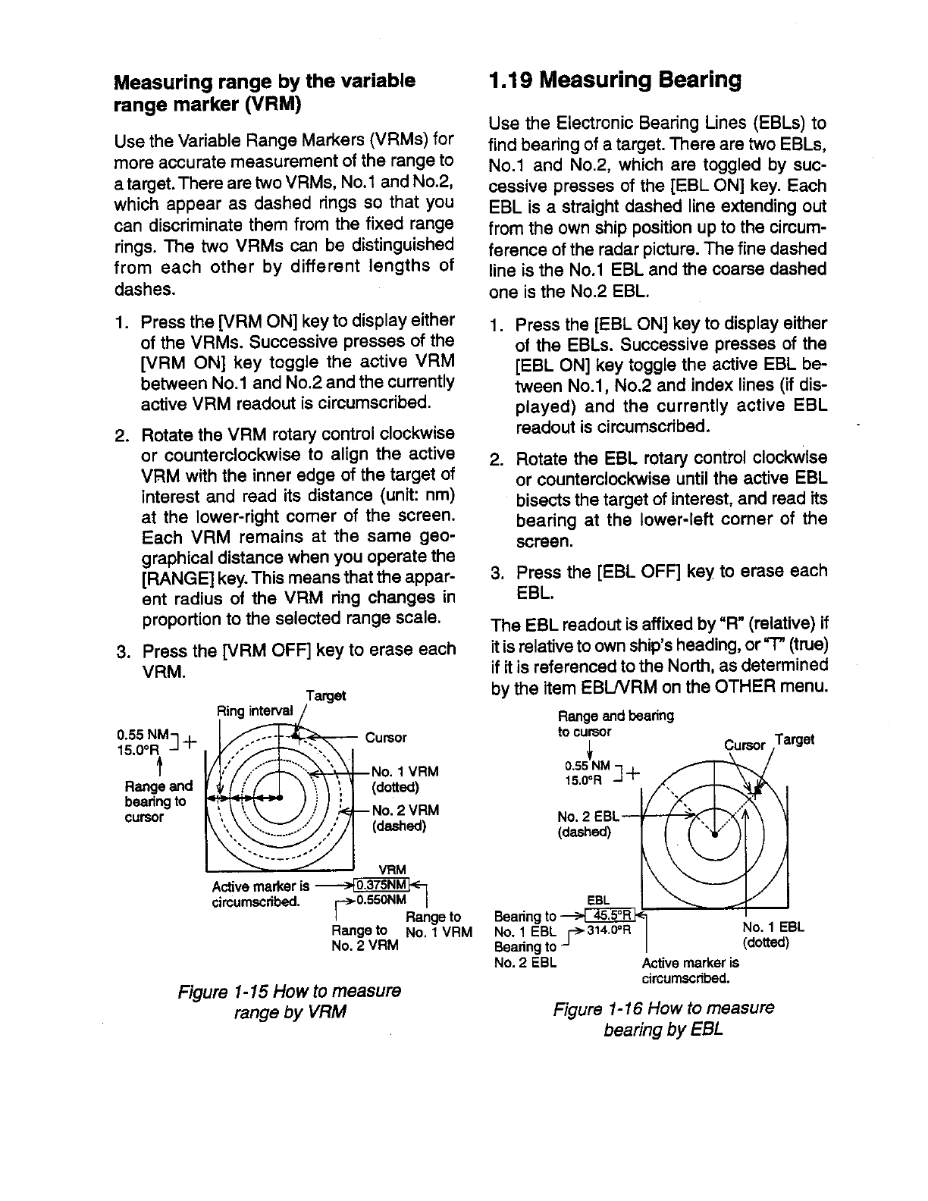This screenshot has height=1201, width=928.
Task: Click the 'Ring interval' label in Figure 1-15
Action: (254, 710)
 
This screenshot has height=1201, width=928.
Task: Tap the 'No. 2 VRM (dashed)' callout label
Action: (405, 818)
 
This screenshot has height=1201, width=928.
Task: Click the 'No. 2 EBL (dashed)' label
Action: (588, 824)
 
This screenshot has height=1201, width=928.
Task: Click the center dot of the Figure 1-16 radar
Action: (714, 836)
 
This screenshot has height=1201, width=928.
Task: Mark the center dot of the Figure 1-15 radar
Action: (280, 798)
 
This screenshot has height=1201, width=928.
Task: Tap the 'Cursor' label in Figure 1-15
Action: (386, 738)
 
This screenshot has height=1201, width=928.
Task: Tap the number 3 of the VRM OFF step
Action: (120, 651)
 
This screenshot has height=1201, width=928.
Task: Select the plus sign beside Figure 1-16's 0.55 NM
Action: (633, 773)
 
